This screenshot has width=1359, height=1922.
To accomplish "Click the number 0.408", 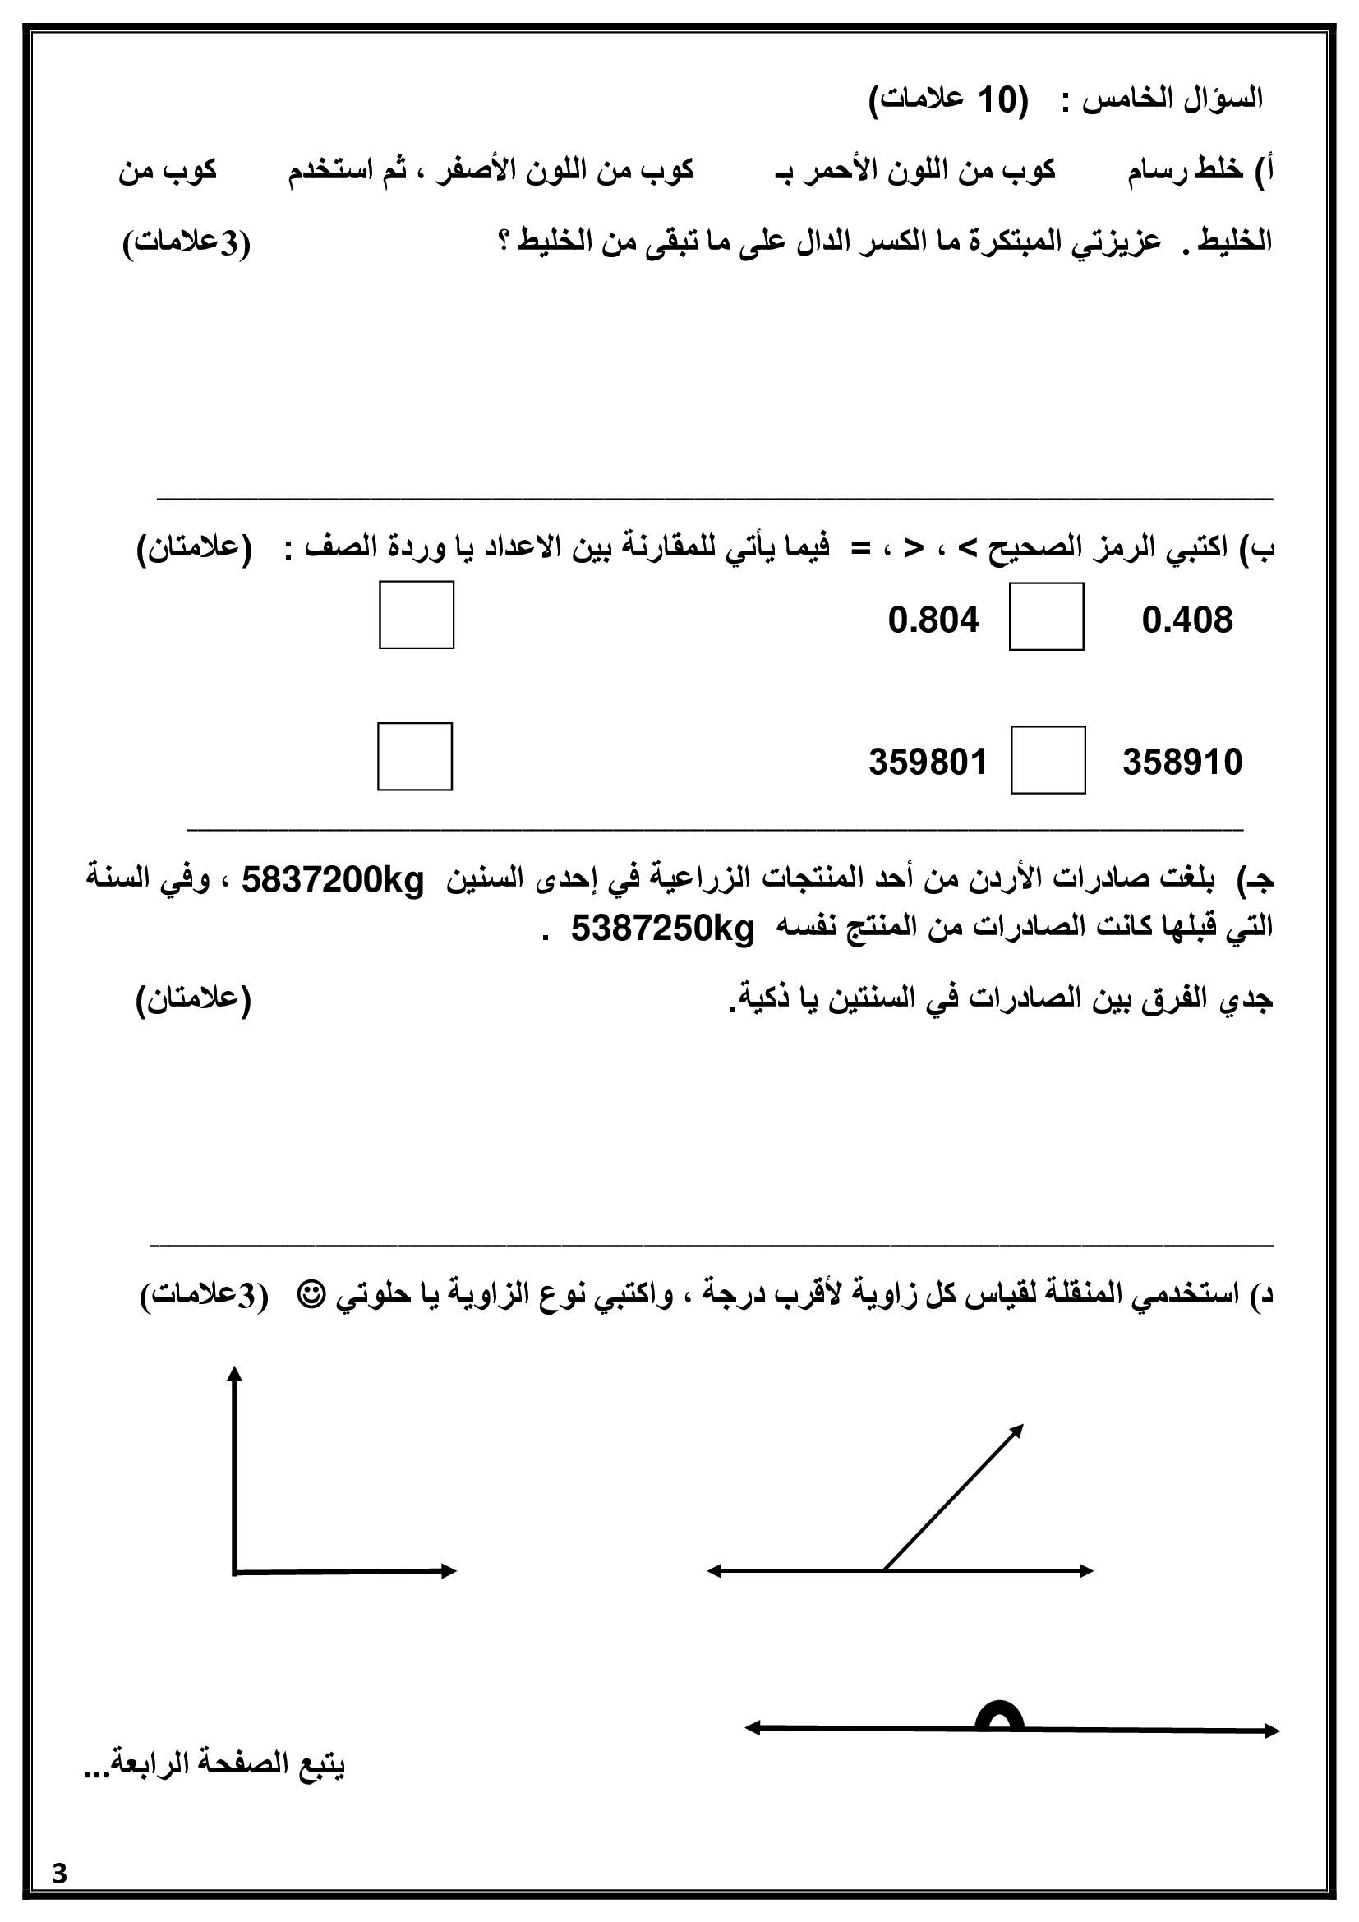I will click(1186, 620).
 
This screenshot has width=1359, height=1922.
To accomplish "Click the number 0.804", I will click(933, 620).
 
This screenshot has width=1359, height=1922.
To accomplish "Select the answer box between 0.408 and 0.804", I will click(1046, 617).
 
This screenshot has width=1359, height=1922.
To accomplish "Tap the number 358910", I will click(1182, 763).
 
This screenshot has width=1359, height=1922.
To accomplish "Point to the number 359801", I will click(927, 763).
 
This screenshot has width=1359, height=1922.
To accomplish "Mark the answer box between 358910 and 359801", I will click(1048, 760).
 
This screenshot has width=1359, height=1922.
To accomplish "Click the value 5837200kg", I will click(333, 881).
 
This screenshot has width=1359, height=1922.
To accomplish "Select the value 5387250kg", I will click(663, 929).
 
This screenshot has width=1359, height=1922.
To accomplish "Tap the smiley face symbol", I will click(311, 1296).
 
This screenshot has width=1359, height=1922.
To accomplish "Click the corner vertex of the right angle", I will click(235, 1571).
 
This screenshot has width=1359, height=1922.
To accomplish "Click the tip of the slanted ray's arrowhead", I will click(1023, 1426).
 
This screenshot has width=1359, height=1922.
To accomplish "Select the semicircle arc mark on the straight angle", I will click(999, 1717).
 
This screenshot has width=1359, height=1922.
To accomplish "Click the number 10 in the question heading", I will click(996, 100).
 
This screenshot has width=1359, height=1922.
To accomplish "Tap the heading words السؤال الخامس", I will click(1172, 100).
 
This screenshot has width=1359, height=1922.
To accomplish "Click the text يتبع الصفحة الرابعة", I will click(215, 1765).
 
